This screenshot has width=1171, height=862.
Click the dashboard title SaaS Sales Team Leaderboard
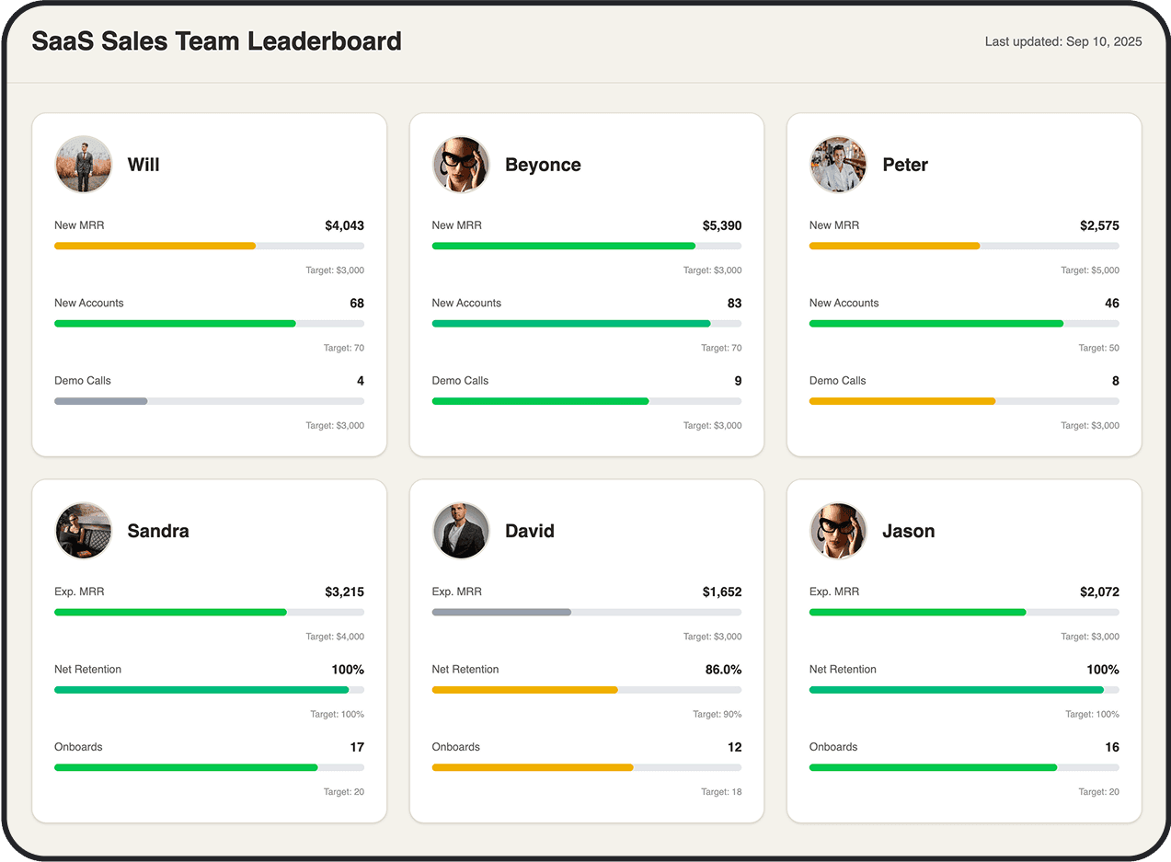click(216, 41)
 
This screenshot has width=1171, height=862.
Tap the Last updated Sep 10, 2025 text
click(1062, 41)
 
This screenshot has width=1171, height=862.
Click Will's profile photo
click(83, 165)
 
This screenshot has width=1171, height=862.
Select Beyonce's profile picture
click(461, 165)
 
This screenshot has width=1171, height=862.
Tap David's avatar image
click(461, 531)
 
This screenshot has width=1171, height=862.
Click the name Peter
click(904, 165)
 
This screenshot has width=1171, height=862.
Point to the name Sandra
click(158, 531)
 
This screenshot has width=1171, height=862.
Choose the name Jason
click(908, 531)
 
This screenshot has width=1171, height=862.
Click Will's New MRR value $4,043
click(344, 225)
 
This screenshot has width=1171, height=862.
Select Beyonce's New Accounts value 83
click(733, 303)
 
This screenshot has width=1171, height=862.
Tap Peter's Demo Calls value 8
click(1115, 381)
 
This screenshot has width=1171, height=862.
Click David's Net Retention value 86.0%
click(723, 670)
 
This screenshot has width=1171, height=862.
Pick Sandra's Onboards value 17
click(357, 747)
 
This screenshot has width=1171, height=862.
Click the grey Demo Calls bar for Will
click(101, 401)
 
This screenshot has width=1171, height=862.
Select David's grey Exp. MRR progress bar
click(501, 612)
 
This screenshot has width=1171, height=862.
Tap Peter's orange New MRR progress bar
click(894, 246)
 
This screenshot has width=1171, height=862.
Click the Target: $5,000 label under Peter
click(1089, 270)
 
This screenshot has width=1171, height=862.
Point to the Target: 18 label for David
click(720, 792)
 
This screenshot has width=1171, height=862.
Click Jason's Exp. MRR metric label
click(833, 592)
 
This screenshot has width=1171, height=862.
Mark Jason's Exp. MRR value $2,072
click(1099, 592)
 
